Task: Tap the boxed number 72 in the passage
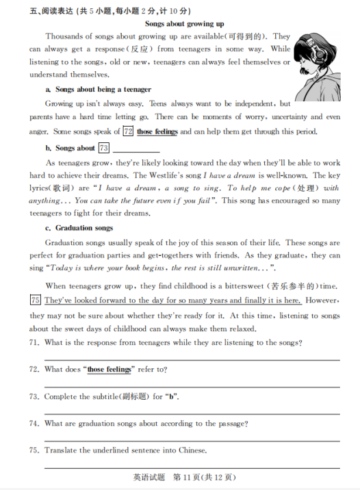point(127,131)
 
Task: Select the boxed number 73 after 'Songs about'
point(104,148)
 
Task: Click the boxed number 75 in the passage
point(36,300)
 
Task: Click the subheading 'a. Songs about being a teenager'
point(98,90)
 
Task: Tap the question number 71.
point(34,342)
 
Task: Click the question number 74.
point(34,424)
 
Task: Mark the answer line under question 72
point(192,386)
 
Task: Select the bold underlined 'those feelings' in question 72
point(110,370)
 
